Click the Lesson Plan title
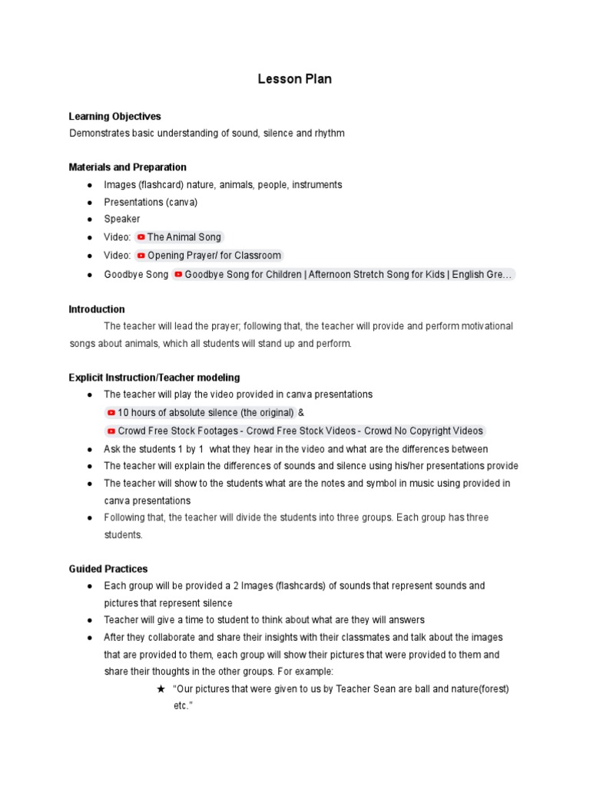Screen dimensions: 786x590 pyautogui.click(x=295, y=79)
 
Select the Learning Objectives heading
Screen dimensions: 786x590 pyautogui.click(x=114, y=117)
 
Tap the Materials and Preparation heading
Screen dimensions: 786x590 pyautogui.click(x=128, y=167)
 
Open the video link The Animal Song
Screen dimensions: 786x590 pyautogui.click(x=184, y=237)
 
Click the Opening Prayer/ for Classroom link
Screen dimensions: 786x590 pyautogui.click(x=214, y=256)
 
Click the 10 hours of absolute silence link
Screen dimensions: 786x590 pyautogui.click(x=205, y=413)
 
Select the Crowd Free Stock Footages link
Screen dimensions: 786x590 pyautogui.click(x=300, y=431)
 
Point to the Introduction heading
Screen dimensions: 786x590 pyautogui.click(x=97, y=309)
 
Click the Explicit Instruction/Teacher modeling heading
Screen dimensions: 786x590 pyautogui.click(x=154, y=378)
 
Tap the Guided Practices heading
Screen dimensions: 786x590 pyautogui.click(x=108, y=569)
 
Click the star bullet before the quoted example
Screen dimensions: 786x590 pyautogui.click(x=161, y=689)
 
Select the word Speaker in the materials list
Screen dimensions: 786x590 pyautogui.click(x=122, y=219)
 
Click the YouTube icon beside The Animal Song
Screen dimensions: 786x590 pyautogui.click(x=141, y=237)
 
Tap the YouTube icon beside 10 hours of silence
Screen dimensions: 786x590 pyautogui.click(x=111, y=413)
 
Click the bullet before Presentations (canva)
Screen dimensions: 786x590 pyautogui.click(x=90, y=202)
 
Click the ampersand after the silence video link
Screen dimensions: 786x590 pyautogui.click(x=301, y=413)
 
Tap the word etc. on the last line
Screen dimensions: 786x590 pyautogui.click(x=181, y=706)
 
